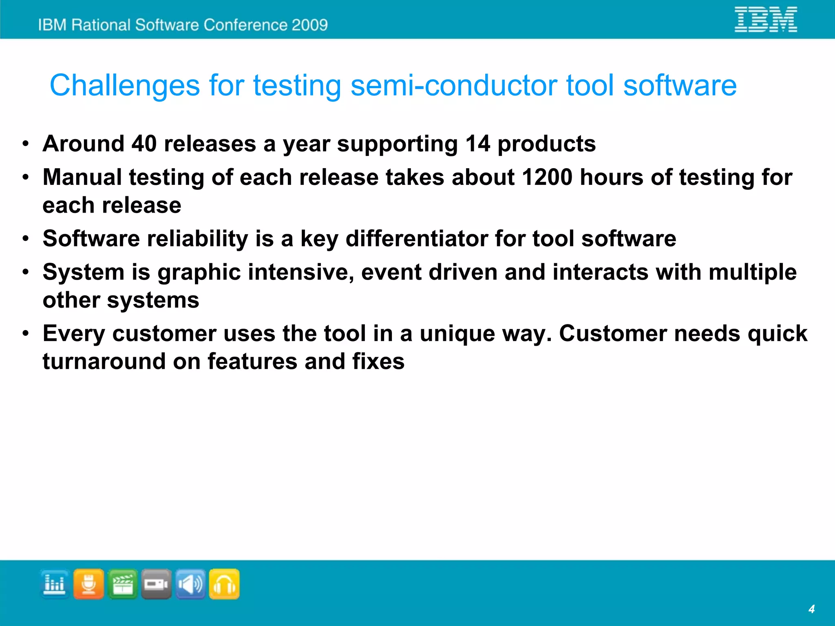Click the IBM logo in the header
point(765,19)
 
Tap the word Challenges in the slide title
point(125,86)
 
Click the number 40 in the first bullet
point(144,144)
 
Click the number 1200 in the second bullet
point(547,177)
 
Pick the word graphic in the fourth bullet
point(199,272)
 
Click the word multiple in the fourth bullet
point(753,272)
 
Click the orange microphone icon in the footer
point(88,584)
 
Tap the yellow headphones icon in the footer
point(224,584)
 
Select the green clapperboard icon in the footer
point(123,584)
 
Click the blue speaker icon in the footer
point(190,584)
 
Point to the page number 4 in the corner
point(811,609)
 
